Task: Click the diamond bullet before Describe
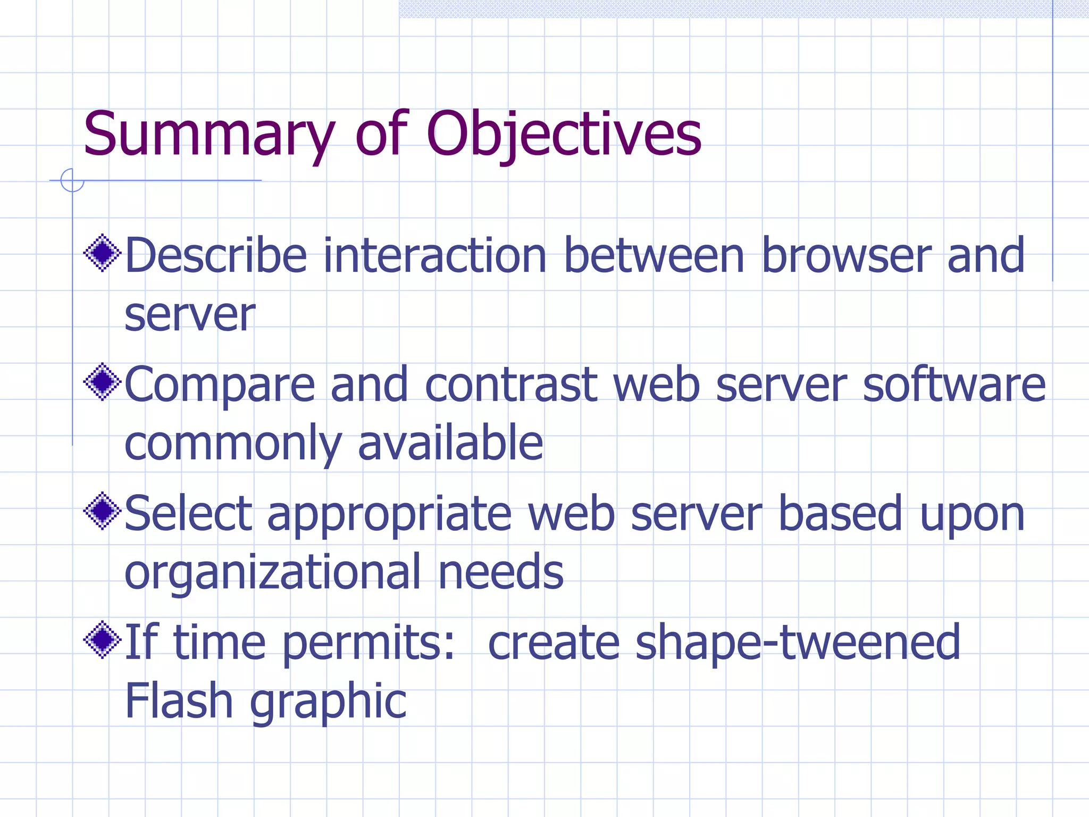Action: (x=103, y=253)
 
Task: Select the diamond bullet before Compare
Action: (x=103, y=382)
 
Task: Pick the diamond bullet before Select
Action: (x=103, y=511)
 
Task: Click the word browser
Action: (x=845, y=256)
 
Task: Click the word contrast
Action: (x=511, y=385)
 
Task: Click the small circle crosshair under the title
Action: (x=72, y=180)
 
